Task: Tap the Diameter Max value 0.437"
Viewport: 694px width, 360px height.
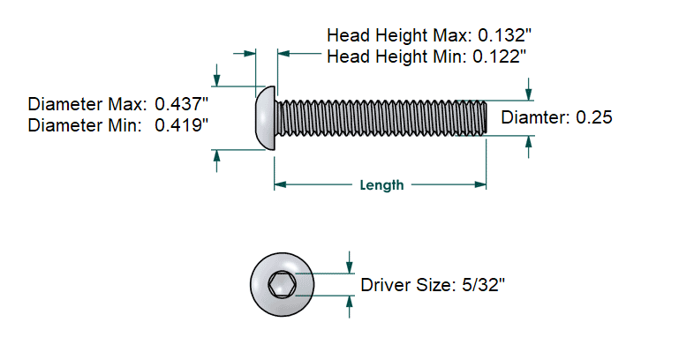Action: [x=182, y=102]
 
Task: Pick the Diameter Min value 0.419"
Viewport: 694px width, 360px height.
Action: [x=182, y=125]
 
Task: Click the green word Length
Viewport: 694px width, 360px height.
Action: [x=381, y=185]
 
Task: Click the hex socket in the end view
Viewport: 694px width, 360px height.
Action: [x=282, y=285]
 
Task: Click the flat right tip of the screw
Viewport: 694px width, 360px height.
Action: [x=485, y=116]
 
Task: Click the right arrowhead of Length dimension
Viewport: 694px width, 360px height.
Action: [x=481, y=185]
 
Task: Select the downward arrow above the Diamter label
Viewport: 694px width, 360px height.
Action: [x=529, y=92]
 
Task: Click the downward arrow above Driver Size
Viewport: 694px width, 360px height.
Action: [x=351, y=266]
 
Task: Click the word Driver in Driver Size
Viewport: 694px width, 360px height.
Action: [x=385, y=285]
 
